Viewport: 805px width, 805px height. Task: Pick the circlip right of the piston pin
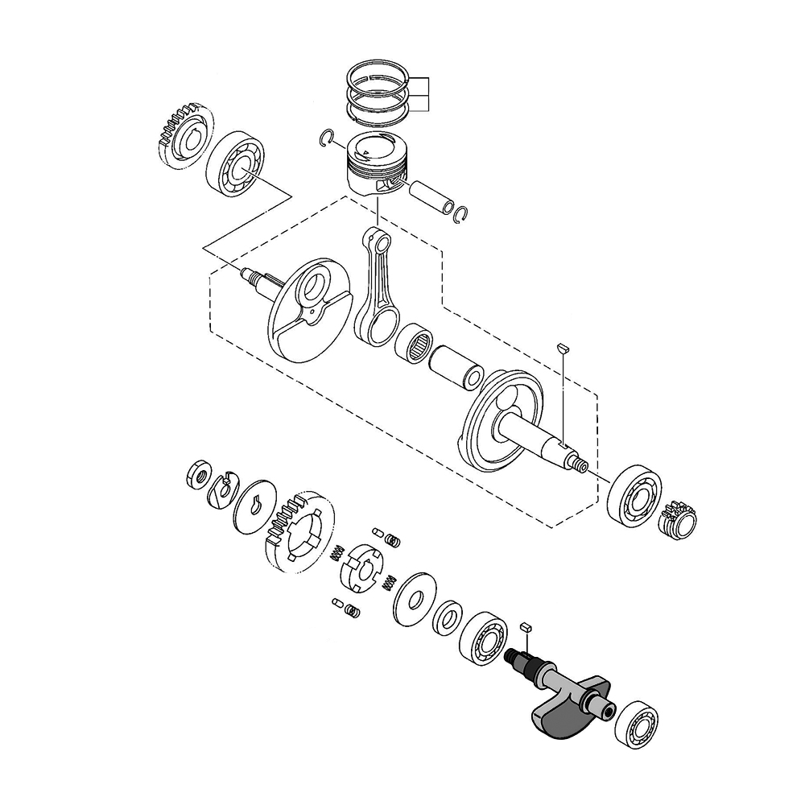click(464, 213)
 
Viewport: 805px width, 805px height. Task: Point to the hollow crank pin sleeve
click(456, 367)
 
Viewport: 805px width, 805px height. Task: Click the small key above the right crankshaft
click(563, 348)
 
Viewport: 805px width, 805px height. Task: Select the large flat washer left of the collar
click(415, 600)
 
